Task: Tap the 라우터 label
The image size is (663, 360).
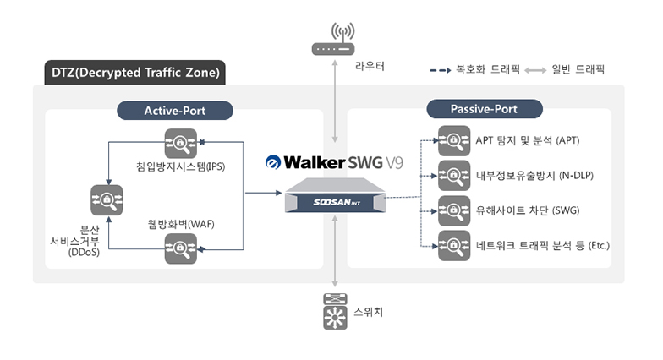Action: click(x=370, y=65)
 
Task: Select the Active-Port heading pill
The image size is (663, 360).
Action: click(x=175, y=111)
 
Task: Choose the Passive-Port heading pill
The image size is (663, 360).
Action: click(x=484, y=109)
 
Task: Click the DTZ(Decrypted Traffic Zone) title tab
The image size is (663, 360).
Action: click(x=134, y=73)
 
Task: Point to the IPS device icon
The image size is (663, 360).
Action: click(x=181, y=143)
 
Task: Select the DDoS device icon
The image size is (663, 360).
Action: click(x=107, y=200)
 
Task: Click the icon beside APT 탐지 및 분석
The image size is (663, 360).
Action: click(x=453, y=140)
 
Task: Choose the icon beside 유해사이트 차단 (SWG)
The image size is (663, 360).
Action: click(x=453, y=210)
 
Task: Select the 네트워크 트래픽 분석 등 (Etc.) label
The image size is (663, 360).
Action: click(x=542, y=245)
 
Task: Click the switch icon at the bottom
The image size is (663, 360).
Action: click(x=337, y=311)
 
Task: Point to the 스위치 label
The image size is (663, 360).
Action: click(x=370, y=313)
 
